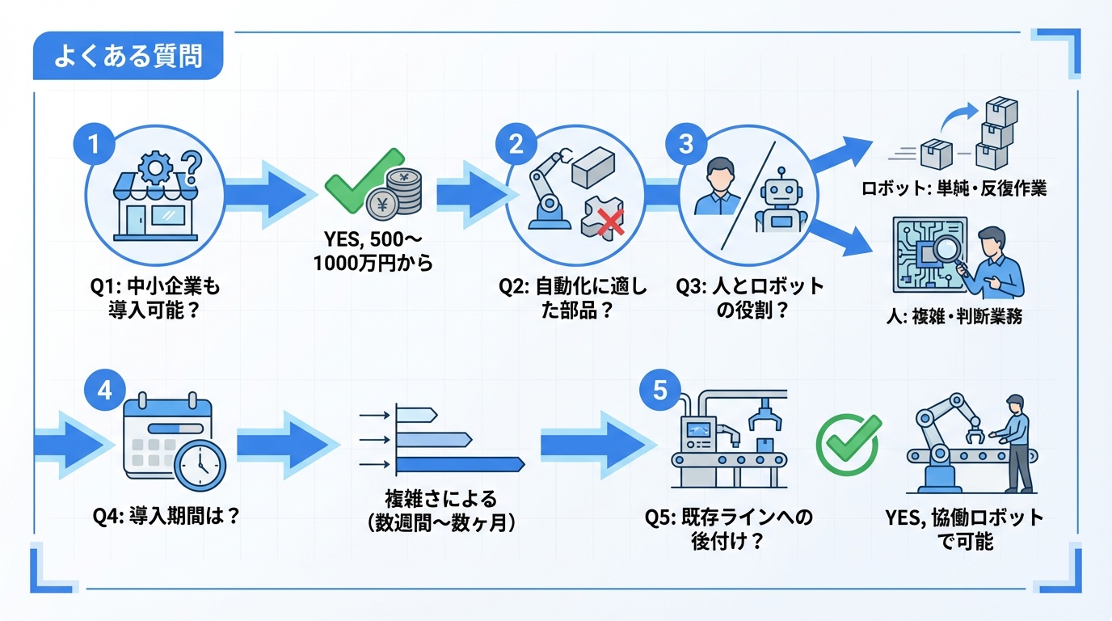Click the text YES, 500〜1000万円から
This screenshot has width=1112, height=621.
(378, 252)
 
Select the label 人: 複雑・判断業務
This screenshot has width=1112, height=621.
(954, 317)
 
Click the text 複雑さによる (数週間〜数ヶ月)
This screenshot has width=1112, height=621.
(440, 510)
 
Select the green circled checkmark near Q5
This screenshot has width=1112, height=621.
(847, 445)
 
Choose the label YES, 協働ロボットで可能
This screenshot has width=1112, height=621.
(965, 530)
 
